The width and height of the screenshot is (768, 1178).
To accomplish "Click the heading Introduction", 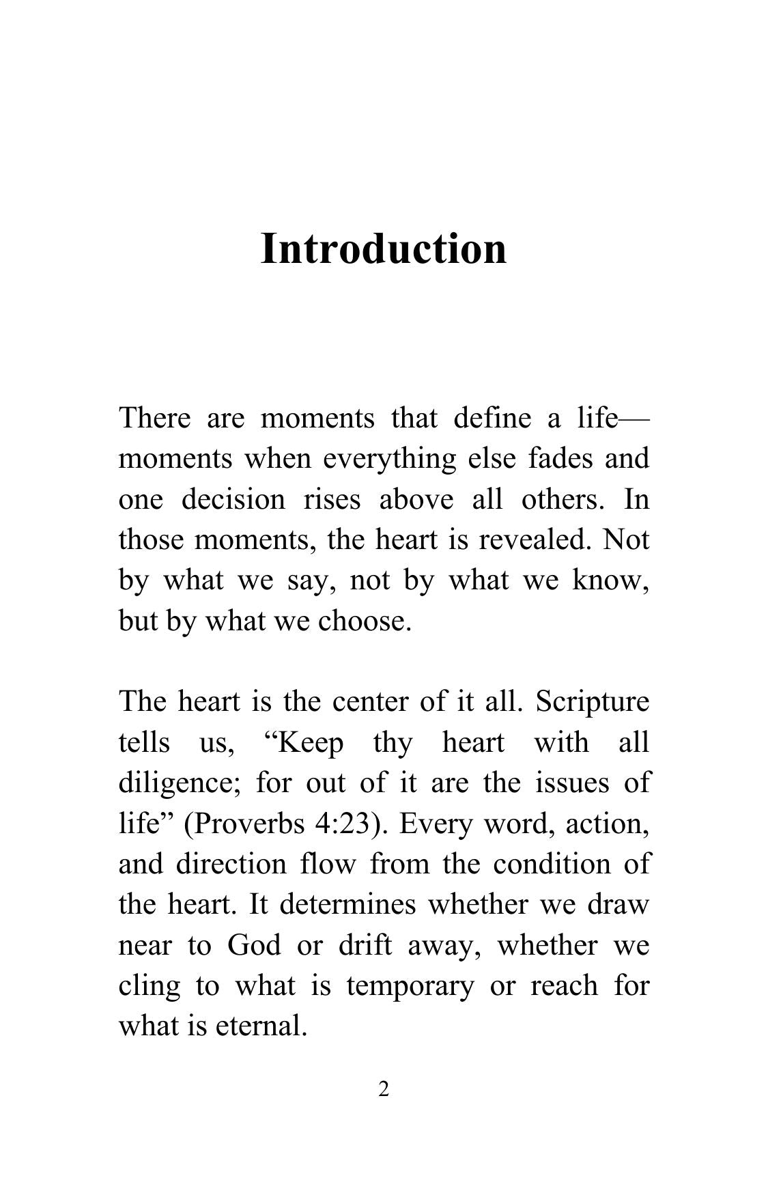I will pos(384,249).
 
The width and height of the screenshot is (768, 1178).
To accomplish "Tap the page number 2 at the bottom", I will pos(384,1090).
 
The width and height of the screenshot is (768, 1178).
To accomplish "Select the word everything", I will pos(389,458).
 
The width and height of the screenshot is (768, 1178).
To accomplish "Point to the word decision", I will pos(233,499).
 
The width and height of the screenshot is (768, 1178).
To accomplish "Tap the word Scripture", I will pos(593,702).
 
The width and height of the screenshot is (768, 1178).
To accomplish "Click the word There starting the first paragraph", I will pos(155,417).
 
